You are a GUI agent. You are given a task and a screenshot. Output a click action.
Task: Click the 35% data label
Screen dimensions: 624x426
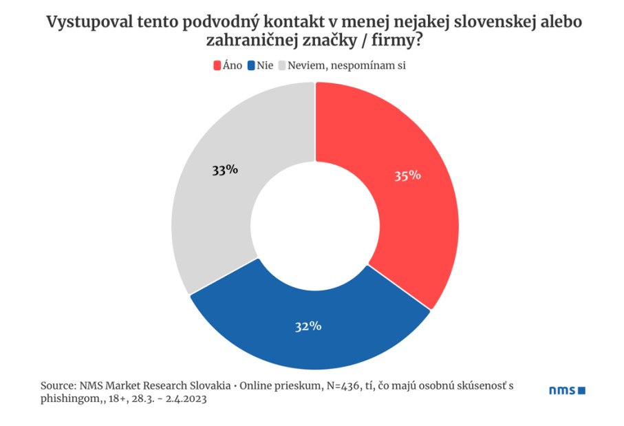[407, 175]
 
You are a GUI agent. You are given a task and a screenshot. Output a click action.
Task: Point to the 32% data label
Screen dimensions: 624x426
[308, 326]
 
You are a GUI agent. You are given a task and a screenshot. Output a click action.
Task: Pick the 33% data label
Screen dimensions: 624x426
[225, 170]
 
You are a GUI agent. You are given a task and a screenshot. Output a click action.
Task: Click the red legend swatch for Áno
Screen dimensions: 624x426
[217, 65]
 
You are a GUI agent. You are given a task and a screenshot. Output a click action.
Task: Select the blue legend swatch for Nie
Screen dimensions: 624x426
[251, 65]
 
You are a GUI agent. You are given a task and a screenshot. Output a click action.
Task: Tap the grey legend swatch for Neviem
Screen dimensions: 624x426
[282, 65]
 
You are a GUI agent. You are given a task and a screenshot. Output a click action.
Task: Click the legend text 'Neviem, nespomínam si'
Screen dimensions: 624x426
[347, 65]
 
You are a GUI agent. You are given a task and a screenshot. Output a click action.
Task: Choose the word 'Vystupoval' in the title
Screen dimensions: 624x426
[89, 22]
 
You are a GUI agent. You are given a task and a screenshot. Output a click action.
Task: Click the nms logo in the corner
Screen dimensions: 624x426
[567, 390]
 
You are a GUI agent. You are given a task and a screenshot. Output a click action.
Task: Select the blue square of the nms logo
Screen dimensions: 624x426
[581, 390]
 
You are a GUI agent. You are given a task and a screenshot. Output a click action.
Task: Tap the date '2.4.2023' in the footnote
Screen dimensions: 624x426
[186, 398]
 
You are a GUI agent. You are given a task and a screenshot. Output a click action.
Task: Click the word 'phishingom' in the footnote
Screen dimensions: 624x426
[69, 399]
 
